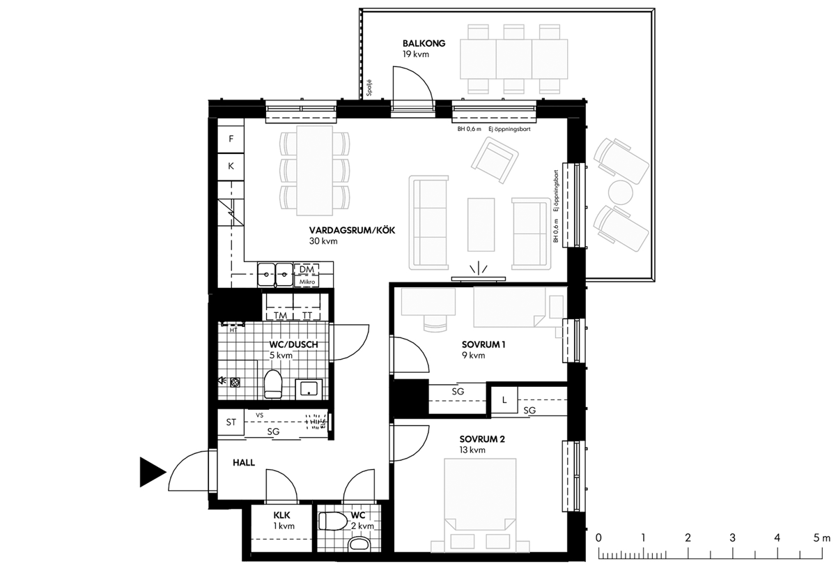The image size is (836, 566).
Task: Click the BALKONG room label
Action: [x=424, y=43]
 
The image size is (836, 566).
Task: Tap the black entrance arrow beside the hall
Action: [x=153, y=472]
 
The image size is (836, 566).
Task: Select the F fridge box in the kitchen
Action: [x=231, y=139]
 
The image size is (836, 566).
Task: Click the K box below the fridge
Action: [x=231, y=166]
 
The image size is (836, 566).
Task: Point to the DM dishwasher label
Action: [x=307, y=269]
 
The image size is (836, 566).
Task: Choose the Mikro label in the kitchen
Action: [x=307, y=282]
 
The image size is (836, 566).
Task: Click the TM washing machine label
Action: [x=280, y=316]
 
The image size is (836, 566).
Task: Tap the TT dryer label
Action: [x=307, y=316]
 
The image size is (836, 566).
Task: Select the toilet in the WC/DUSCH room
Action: [x=273, y=384]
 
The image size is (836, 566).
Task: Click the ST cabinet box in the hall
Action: [x=231, y=422]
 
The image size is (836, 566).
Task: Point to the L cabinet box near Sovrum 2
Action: [x=504, y=400]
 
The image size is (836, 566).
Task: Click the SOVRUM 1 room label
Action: [x=483, y=344]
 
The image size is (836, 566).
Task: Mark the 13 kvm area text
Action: [x=472, y=450]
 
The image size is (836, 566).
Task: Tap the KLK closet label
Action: [x=281, y=515]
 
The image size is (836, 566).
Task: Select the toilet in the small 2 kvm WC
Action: [x=333, y=521]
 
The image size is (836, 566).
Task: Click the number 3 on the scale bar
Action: [x=732, y=537]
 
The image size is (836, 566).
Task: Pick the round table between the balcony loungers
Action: [x=620, y=192]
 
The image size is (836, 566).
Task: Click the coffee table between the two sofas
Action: [x=481, y=224]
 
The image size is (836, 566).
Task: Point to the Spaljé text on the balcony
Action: [x=369, y=88]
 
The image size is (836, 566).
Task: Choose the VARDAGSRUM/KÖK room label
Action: [x=352, y=230]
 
